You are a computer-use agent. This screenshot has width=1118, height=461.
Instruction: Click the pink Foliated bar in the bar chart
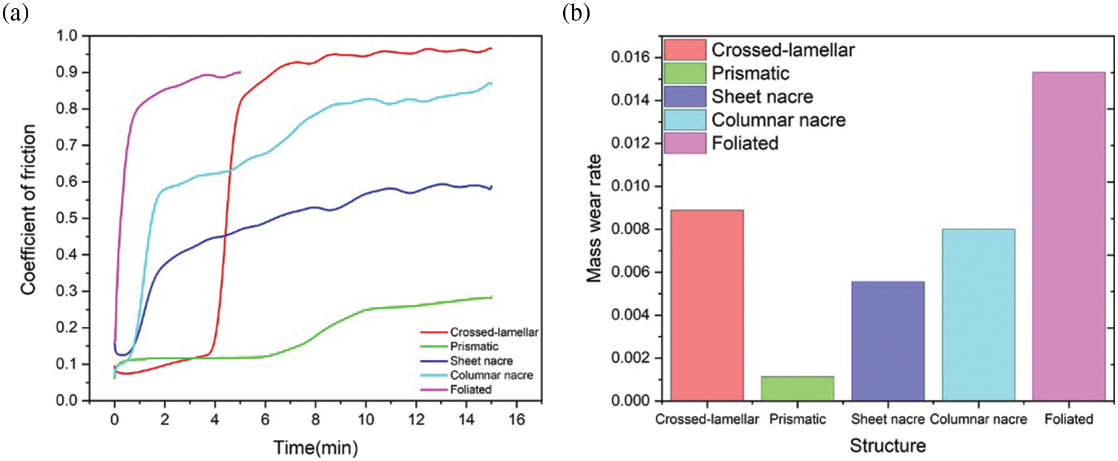click(x=1069, y=236)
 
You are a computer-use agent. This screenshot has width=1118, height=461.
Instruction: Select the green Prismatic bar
click(x=797, y=388)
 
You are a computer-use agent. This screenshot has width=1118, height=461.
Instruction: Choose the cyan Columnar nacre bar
click(x=978, y=314)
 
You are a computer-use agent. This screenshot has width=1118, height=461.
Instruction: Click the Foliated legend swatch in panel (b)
click(x=684, y=143)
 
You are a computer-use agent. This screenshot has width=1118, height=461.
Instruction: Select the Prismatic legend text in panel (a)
click(x=474, y=346)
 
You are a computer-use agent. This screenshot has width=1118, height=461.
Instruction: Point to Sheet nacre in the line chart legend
click(x=481, y=360)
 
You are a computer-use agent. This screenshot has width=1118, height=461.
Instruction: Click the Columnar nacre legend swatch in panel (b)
click(x=684, y=120)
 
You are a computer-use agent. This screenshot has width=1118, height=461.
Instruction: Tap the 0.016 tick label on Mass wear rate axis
click(x=631, y=57)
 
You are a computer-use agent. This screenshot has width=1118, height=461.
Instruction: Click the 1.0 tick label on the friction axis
click(x=66, y=36)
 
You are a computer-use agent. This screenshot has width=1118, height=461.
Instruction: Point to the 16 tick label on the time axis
click(x=516, y=419)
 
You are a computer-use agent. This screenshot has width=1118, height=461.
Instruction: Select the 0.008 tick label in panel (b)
click(x=631, y=229)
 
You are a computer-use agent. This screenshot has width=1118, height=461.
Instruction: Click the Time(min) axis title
click(x=315, y=447)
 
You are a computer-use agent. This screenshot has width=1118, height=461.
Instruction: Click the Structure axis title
click(x=887, y=446)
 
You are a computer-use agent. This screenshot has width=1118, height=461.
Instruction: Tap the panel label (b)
click(x=575, y=12)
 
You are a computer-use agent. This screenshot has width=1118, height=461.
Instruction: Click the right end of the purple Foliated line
click(x=240, y=72)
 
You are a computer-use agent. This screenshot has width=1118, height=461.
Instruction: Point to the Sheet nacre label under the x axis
click(x=887, y=419)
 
